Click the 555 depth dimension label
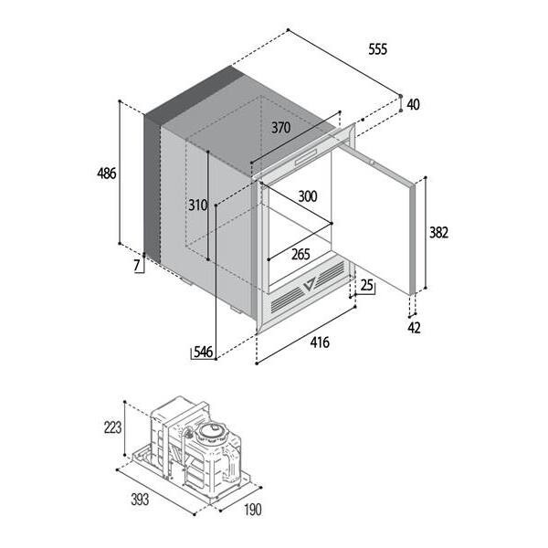tap(378, 49)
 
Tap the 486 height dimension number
tap(107, 173)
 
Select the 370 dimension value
tap(281, 128)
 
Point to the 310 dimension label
tap(198, 205)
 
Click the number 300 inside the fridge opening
tap(308, 196)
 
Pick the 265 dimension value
tap(300, 255)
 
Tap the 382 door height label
tap(438, 233)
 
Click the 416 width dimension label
tap(320, 342)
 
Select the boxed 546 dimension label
tap(204, 352)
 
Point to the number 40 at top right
tap(414, 104)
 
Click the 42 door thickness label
tap(414, 328)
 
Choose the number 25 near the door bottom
tap(366, 285)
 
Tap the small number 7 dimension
tap(137, 266)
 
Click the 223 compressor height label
tap(112, 427)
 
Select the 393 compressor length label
tap(140, 500)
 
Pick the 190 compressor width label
tap(253, 510)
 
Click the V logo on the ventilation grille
tap(310, 284)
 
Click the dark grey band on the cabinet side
tap(153, 189)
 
